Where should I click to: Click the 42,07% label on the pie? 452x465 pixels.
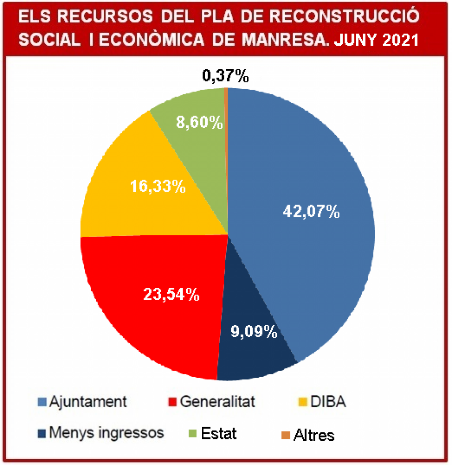(x=311, y=212)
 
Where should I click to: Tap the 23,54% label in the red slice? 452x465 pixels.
(x=171, y=294)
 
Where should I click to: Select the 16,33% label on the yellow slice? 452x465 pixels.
(x=158, y=187)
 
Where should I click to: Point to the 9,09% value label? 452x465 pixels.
(x=254, y=331)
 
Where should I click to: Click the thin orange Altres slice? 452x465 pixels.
(x=226, y=115)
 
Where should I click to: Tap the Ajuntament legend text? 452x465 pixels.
(x=88, y=402)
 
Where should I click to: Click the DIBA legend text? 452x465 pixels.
(x=329, y=402)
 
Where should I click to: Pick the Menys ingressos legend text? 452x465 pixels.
(x=106, y=433)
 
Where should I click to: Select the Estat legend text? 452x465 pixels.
(x=219, y=434)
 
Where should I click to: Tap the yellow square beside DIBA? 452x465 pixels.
(x=303, y=402)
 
